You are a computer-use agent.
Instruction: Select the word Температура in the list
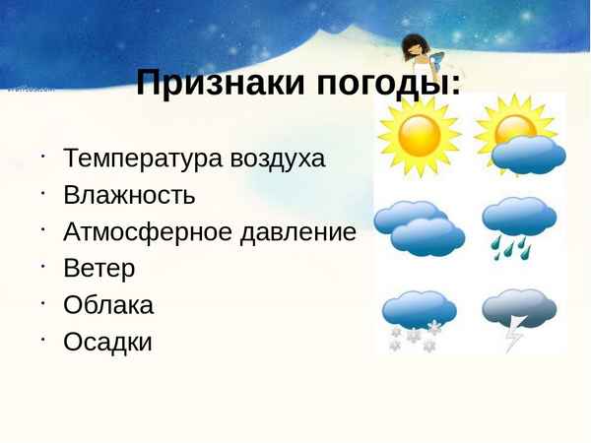coord(144,158)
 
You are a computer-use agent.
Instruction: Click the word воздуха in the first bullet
coord(278,158)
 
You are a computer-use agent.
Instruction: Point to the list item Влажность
coord(129,195)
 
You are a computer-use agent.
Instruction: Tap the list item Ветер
coord(99,269)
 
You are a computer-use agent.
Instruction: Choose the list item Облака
coord(108,305)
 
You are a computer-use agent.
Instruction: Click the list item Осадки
coord(108,343)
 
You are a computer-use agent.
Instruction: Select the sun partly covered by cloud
coord(519,138)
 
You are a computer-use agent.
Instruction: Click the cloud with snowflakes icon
coord(418,319)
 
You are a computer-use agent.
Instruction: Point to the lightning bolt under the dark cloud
coord(514,337)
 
